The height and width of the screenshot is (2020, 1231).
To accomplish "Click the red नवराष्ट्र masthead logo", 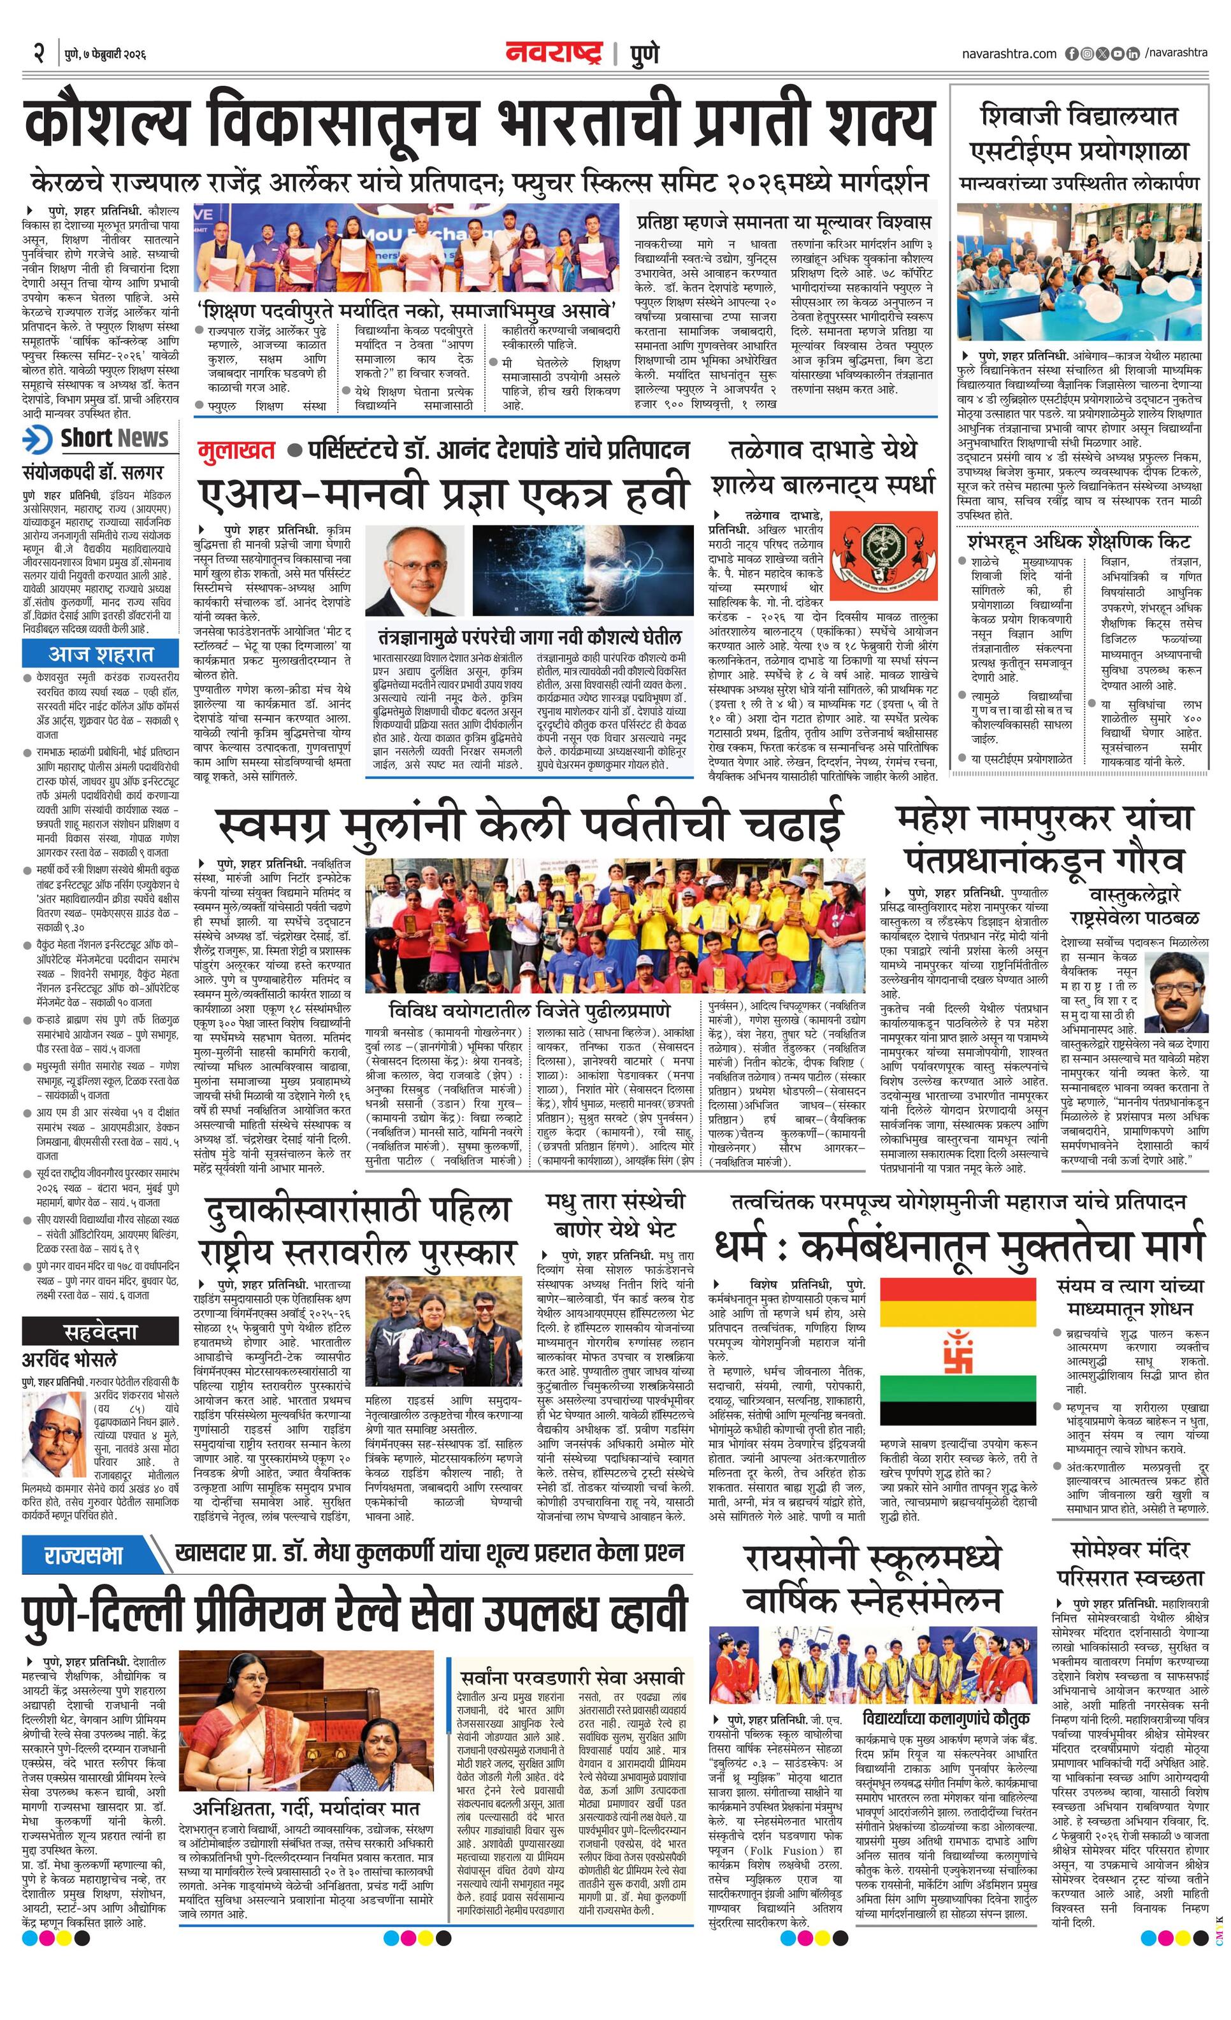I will coord(554,53).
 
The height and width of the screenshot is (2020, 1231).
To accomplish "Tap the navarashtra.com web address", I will coord(1009,54).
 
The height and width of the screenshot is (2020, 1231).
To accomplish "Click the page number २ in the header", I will coord(38,54).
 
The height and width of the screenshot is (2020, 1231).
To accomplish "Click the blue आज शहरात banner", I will coord(101,654).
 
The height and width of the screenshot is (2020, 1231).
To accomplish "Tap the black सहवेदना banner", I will coord(101,1330).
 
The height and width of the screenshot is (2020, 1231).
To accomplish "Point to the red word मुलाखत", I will coord(236,450).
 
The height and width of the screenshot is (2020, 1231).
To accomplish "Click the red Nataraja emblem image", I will coord(882,556).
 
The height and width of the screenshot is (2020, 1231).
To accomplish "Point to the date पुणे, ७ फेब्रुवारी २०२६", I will coord(105,55).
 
